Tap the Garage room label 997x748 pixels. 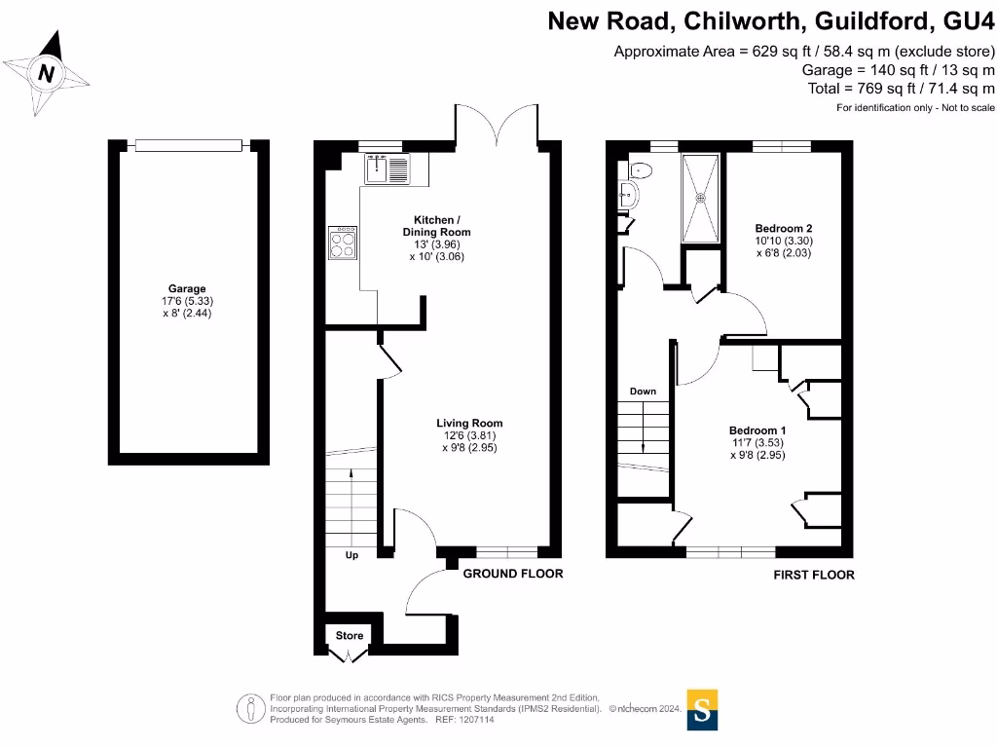point(187,289)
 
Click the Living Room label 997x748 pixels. point(469,424)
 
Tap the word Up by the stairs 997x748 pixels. point(351,556)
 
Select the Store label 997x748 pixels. point(350,636)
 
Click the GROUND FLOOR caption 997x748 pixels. point(512,574)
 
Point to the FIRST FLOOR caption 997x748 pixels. point(814,575)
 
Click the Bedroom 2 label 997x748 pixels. point(783,229)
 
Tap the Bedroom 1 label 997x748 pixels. point(757,430)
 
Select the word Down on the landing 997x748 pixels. point(643,392)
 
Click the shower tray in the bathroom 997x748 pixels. point(700,198)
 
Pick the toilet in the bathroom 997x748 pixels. point(638,170)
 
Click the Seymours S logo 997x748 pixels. point(701,709)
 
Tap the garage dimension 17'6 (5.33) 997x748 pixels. point(187,301)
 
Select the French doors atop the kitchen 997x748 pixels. point(497,127)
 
